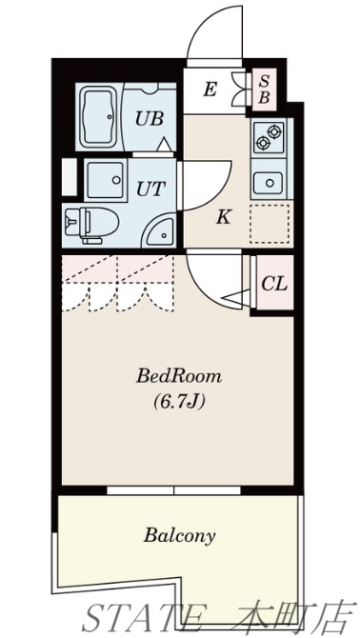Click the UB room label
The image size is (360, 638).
click(x=148, y=119)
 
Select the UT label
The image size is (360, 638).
click(x=149, y=188)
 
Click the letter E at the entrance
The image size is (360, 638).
click(x=210, y=90)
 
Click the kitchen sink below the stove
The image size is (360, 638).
click(x=268, y=181)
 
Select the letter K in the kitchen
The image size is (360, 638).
click(x=223, y=216)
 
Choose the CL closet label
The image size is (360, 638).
click(x=273, y=284)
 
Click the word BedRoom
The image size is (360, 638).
click(x=179, y=375)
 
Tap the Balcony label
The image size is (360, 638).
click(x=180, y=534)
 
